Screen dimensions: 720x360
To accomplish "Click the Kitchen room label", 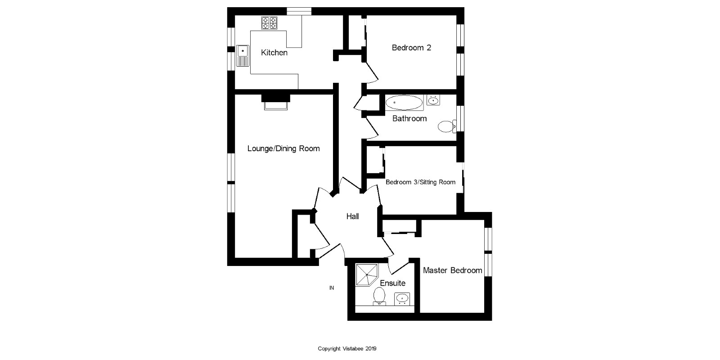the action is (x=274, y=53).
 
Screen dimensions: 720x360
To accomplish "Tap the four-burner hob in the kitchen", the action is (x=269, y=23).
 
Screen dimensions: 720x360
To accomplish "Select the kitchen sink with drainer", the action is (x=242, y=55).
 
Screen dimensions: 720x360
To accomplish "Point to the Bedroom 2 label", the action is (x=411, y=48).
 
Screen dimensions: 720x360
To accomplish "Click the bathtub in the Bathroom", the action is (x=404, y=103).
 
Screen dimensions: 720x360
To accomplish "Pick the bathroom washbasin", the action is (x=433, y=100).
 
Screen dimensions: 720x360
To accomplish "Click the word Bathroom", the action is (x=409, y=119).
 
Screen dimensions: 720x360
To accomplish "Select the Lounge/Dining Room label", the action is (x=283, y=148).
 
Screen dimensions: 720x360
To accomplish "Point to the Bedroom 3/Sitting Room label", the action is (x=420, y=182).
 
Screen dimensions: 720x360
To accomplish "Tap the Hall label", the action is (x=352, y=216).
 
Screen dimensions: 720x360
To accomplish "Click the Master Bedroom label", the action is (x=452, y=270).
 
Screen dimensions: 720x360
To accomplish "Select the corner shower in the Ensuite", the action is (x=367, y=274).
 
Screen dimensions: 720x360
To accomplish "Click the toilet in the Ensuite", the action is (x=379, y=297).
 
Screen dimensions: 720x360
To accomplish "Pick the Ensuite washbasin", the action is (x=402, y=298).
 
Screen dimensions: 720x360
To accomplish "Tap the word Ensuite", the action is (x=392, y=283).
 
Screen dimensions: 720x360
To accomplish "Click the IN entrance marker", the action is (x=332, y=288).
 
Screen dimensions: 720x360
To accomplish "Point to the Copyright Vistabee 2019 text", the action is (x=347, y=348).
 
